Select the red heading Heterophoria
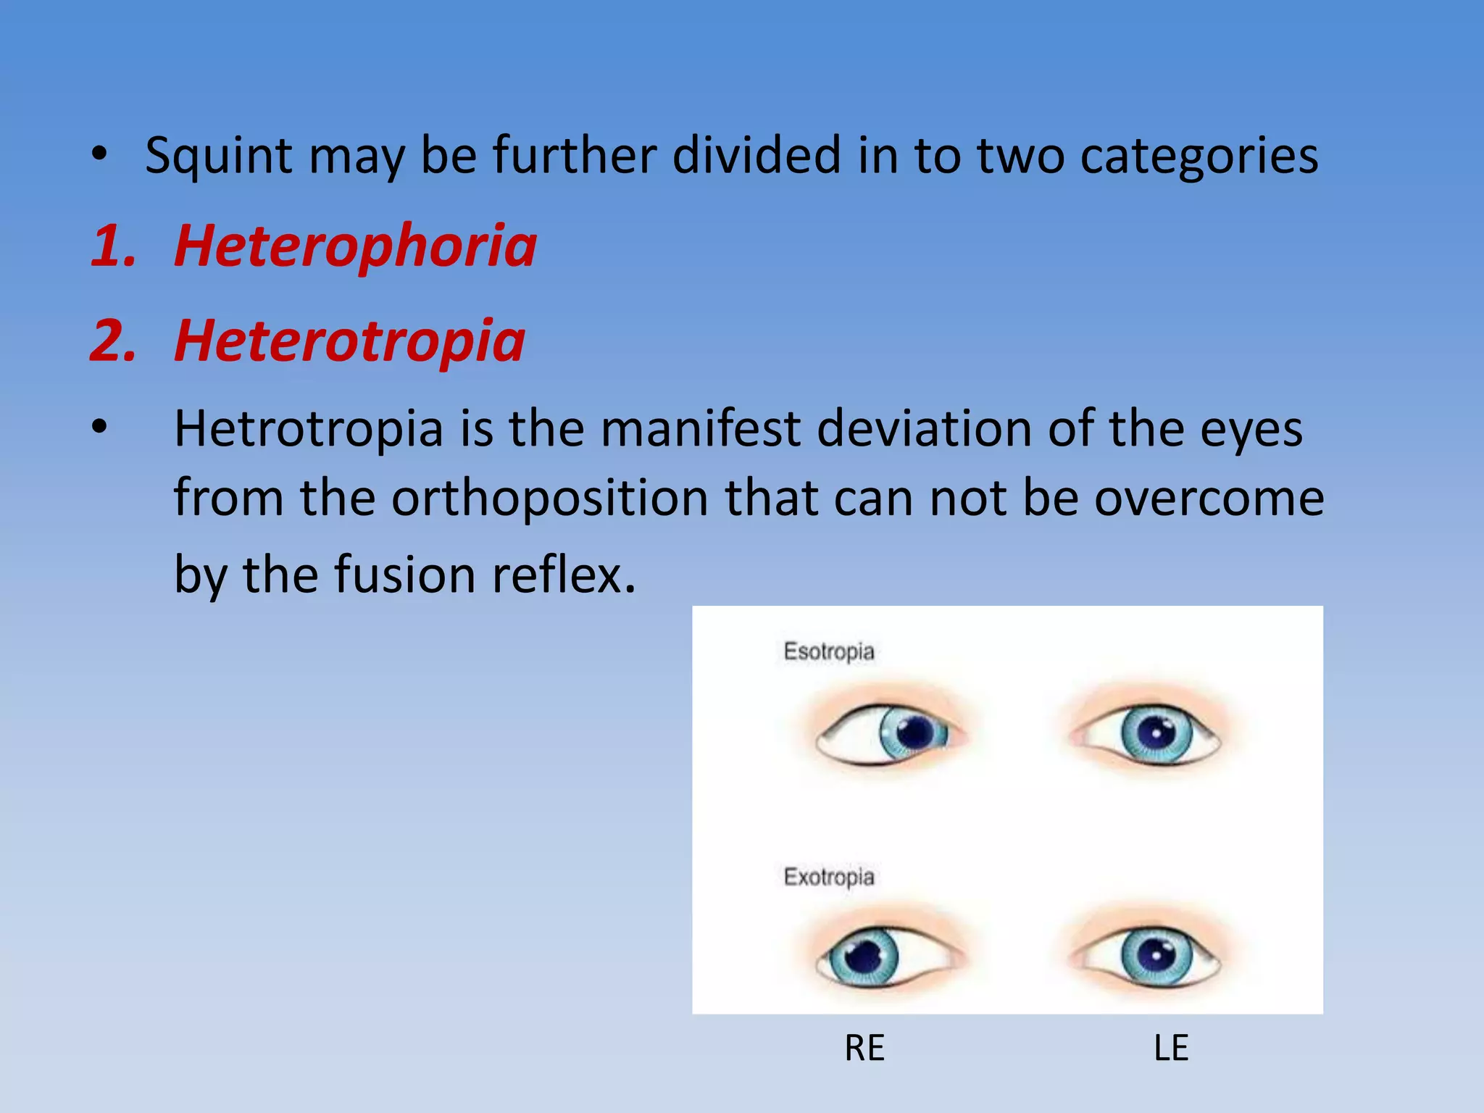(x=355, y=246)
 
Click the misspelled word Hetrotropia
(x=309, y=428)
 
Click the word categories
(x=1199, y=156)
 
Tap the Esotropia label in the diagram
(x=829, y=651)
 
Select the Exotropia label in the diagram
(x=829, y=877)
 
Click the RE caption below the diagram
(x=864, y=1049)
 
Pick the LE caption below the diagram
(x=1171, y=1049)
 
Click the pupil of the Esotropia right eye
(x=915, y=733)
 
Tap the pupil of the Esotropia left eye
(x=1156, y=733)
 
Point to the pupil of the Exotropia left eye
(x=1156, y=955)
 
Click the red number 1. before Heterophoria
(x=114, y=246)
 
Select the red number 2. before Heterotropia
(x=114, y=341)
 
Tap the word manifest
(x=700, y=428)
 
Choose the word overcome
(x=1209, y=498)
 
